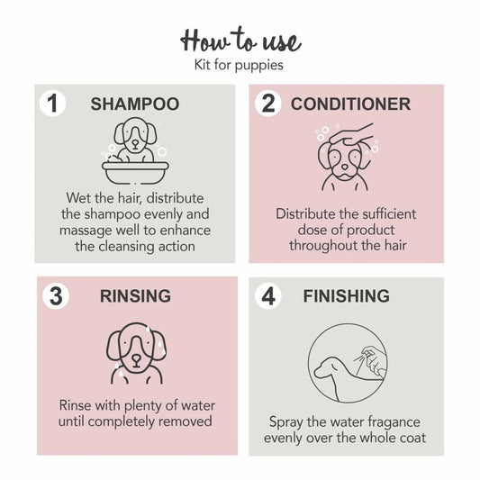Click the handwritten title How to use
(240, 41)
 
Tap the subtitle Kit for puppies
(240, 65)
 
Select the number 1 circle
(53, 103)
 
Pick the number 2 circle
(267, 103)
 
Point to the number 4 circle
(267, 295)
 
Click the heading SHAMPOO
(135, 104)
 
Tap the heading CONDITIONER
(350, 104)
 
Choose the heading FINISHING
(347, 295)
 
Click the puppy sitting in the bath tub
(134, 144)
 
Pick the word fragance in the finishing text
(395, 421)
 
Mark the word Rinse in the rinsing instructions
(77, 405)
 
